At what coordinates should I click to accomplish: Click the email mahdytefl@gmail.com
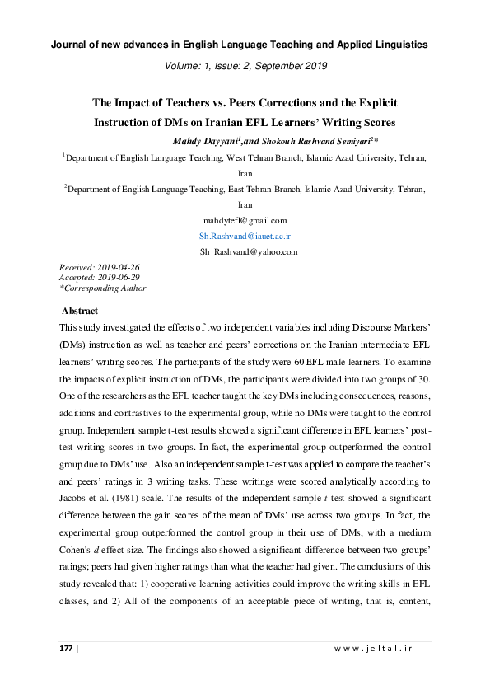click(x=245, y=220)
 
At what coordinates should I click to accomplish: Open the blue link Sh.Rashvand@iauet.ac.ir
click(x=245, y=236)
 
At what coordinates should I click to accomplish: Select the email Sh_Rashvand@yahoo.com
click(x=245, y=251)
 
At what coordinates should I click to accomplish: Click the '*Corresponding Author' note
click(x=103, y=288)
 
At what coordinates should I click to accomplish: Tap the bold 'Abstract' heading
click(x=80, y=311)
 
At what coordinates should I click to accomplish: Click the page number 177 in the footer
click(x=67, y=649)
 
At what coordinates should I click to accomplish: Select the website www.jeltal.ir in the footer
click(x=372, y=649)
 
